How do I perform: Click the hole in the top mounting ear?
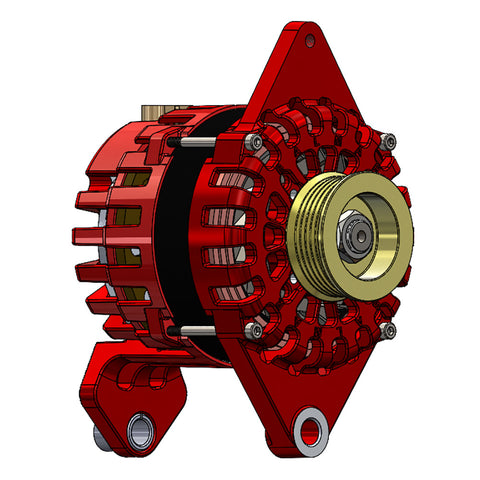tap(312, 40)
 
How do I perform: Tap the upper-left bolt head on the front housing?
tap(258, 145)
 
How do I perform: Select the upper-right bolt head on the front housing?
tap(389, 140)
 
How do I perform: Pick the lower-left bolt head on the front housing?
tap(258, 331)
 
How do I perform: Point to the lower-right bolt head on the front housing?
tap(389, 330)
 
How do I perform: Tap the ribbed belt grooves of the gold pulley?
tap(303, 236)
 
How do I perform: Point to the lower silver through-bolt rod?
tap(200, 331)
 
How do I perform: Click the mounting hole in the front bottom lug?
tap(309, 431)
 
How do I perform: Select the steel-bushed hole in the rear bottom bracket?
tap(139, 430)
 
